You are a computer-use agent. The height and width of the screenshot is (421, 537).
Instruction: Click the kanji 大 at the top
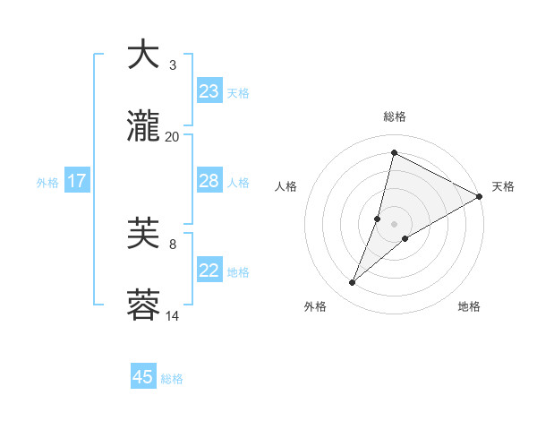coord(144,56)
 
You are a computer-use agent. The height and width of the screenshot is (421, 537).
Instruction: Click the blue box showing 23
coord(209,90)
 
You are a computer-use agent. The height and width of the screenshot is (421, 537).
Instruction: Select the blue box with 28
coord(209,181)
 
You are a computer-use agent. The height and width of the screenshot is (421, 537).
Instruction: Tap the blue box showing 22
coord(209,271)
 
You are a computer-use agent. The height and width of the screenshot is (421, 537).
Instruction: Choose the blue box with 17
coord(77,181)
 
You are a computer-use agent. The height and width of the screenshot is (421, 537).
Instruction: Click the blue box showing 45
coord(143,377)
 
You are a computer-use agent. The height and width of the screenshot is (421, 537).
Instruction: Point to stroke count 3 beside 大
coord(173,65)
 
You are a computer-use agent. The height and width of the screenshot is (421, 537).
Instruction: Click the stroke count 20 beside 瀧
coord(173,137)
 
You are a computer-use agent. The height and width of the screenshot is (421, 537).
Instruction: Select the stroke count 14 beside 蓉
coord(173,316)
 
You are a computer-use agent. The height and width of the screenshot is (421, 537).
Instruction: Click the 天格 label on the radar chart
coord(503,186)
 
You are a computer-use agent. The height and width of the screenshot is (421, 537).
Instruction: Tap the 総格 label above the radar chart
coord(395,116)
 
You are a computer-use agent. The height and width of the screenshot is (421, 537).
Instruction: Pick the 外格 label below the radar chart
coord(315,306)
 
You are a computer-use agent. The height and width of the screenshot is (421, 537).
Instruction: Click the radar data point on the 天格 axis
coord(480,197)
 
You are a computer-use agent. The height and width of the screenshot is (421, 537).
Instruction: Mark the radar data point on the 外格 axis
coord(353,283)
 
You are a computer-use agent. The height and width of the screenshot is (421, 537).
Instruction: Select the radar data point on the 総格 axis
coord(394,153)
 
